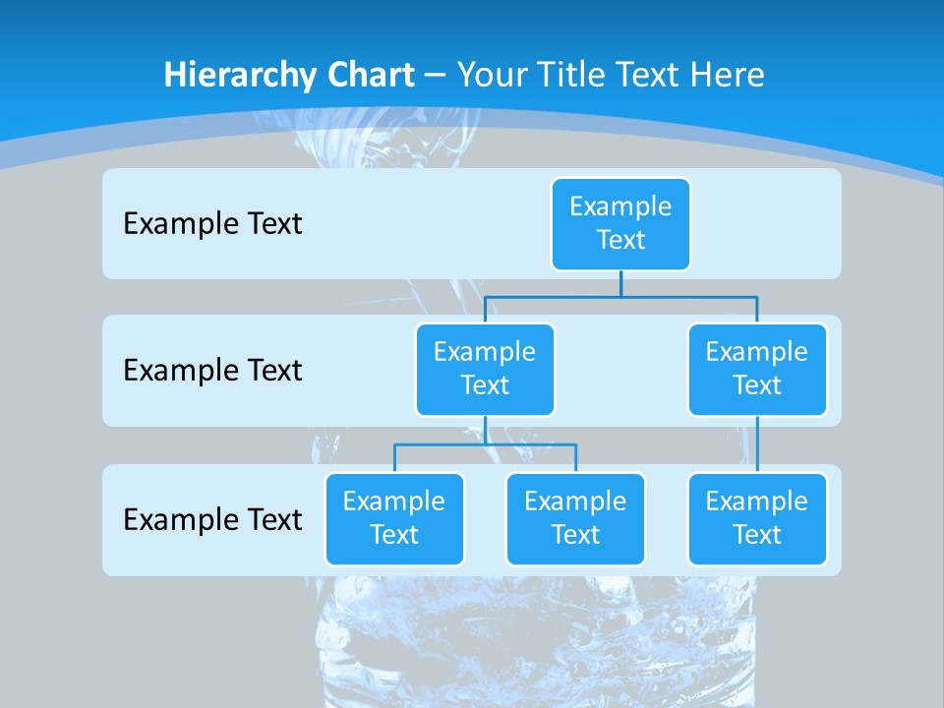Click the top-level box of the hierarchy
click(620, 223)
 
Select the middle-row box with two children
click(485, 369)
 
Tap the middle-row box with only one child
click(757, 369)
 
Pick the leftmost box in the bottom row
click(394, 518)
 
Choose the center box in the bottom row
click(575, 518)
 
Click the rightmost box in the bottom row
click(757, 518)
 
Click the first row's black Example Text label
click(212, 223)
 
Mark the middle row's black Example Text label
click(212, 370)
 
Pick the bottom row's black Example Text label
click(212, 519)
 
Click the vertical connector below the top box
click(620, 283)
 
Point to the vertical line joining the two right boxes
click(757, 444)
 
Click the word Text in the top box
click(620, 240)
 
